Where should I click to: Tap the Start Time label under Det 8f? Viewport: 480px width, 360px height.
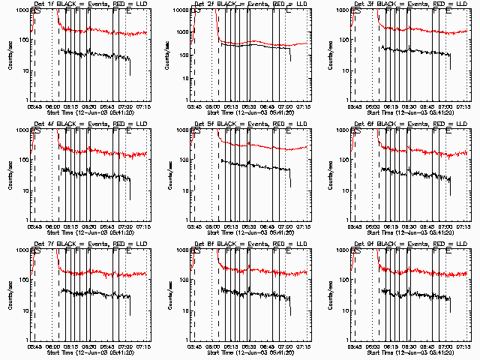(x=250, y=352)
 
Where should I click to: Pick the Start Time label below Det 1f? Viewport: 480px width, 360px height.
(x=90, y=112)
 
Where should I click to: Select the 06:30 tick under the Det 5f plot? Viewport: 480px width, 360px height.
(x=249, y=226)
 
